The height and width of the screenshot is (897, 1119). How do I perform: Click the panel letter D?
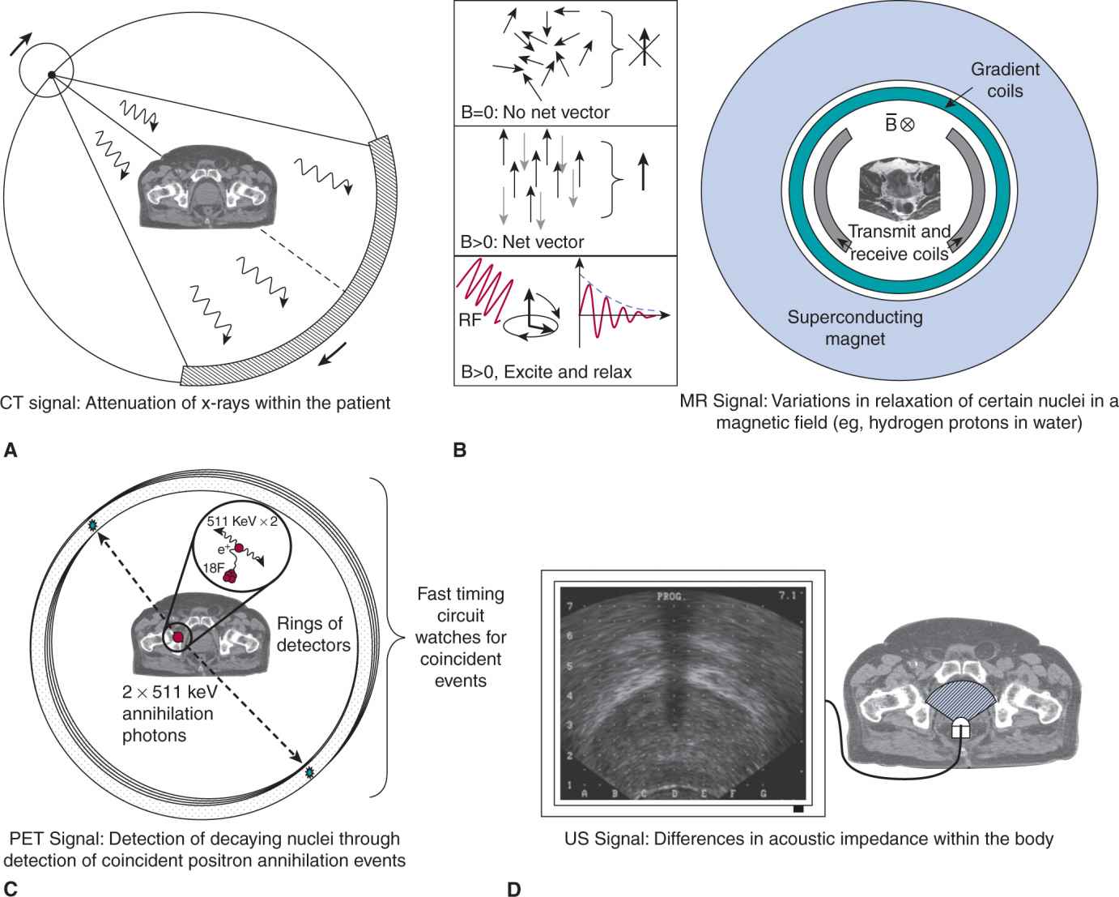(513, 889)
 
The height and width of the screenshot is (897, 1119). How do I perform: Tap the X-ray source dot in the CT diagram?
(51, 75)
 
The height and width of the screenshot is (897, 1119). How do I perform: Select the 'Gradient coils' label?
(1005, 80)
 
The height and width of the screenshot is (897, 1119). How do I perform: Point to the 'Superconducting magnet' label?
(855, 327)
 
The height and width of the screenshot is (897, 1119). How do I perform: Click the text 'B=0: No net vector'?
(534, 112)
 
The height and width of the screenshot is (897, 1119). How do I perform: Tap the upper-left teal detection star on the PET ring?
(94, 526)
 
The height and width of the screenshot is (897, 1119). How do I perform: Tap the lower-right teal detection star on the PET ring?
(308, 773)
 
